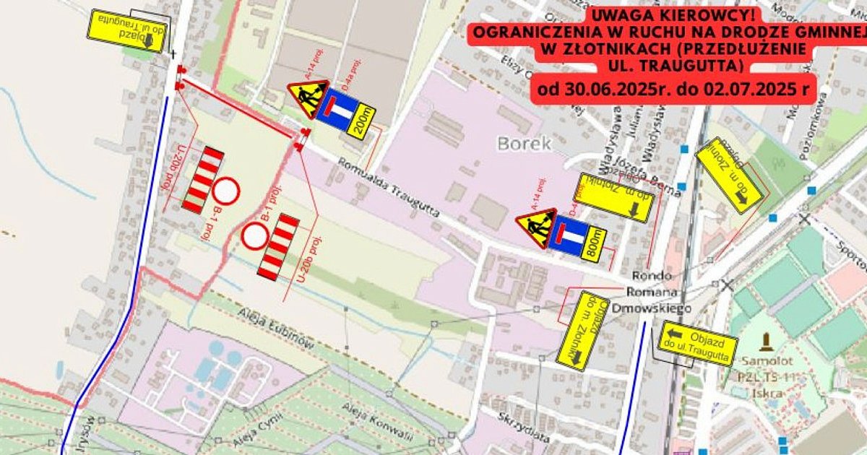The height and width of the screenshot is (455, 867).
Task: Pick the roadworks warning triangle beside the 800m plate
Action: point(535,227)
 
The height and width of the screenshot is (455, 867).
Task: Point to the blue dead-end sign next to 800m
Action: point(568,235)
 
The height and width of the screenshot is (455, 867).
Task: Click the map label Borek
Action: point(524,144)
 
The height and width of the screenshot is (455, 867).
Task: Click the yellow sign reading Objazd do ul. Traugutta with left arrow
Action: point(698,343)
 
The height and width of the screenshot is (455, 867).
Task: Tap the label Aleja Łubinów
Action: point(277,332)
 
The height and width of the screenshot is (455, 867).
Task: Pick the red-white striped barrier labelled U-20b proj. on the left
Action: point(203,180)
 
